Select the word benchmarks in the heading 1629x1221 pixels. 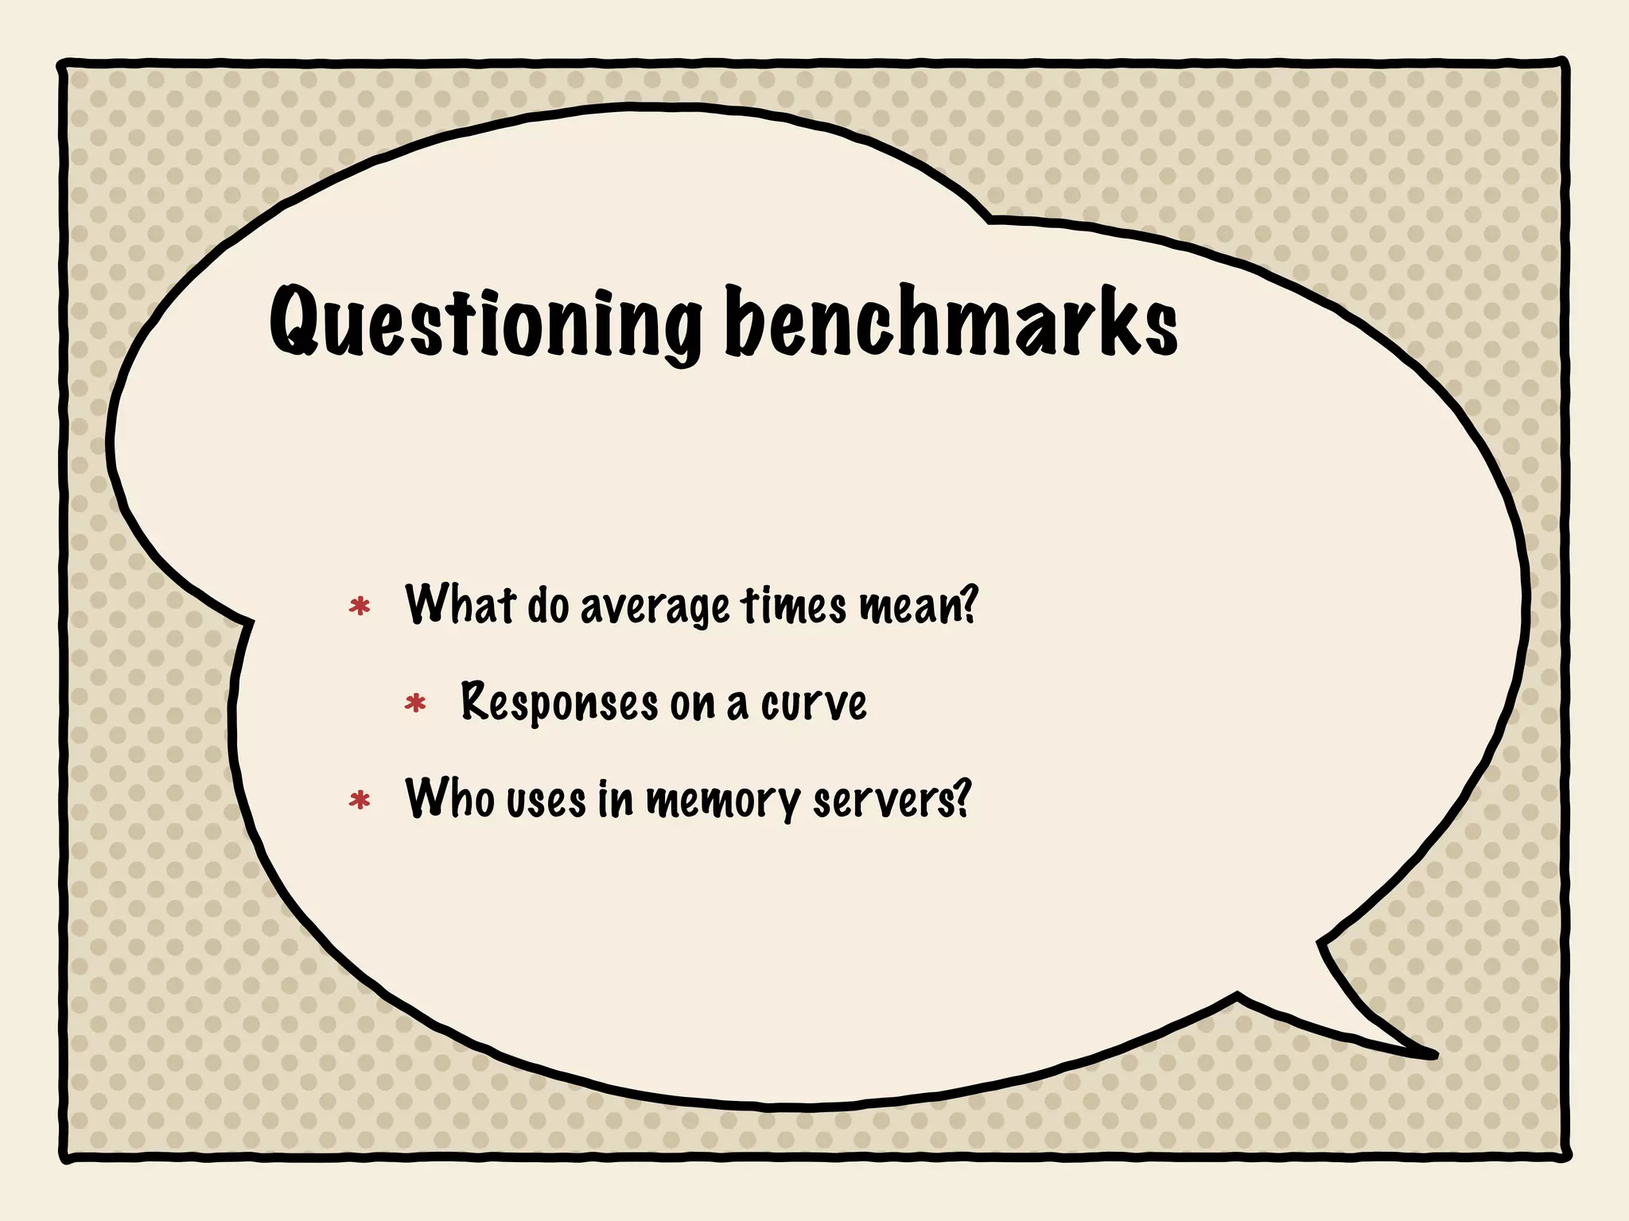951,323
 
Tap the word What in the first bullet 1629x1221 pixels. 460,605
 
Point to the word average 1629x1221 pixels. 655,608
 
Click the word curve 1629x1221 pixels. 814,704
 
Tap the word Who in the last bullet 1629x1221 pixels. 450,798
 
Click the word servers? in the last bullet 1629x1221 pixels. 892,800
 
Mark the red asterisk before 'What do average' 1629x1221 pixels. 360,607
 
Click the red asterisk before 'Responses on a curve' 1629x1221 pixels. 415,704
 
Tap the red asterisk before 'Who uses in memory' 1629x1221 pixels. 360,800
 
